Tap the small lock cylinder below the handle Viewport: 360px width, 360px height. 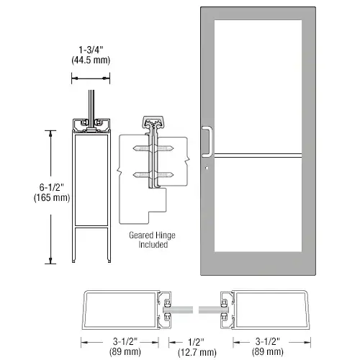click(207, 170)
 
